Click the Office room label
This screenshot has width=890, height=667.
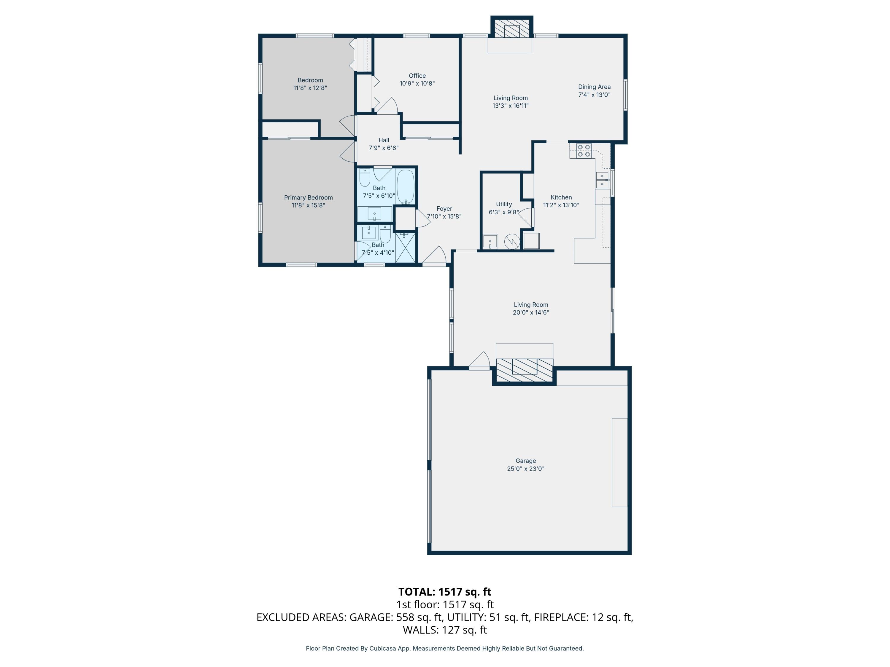(417, 76)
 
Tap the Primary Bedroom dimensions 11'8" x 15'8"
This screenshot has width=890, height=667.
(308, 205)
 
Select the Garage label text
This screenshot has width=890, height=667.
(525, 461)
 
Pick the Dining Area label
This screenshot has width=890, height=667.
(594, 87)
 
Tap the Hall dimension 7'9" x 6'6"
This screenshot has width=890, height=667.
(383, 148)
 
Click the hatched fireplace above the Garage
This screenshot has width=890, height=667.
(524, 370)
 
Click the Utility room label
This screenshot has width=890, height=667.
(504, 204)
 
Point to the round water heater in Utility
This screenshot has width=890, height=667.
(512, 242)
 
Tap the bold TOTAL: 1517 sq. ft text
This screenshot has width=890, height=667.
(445, 592)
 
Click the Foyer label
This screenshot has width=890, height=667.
(444, 209)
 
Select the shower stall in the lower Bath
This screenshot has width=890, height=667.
(405, 248)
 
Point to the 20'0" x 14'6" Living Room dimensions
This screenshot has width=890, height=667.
(531, 312)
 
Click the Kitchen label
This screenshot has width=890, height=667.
(561, 197)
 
